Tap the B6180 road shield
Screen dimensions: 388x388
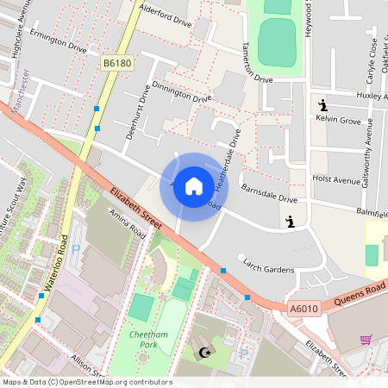click(116, 64)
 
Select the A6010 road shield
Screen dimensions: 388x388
click(304, 309)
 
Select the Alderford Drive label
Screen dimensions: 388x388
click(168, 17)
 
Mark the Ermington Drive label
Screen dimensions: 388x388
click(59, 41)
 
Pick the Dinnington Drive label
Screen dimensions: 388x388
click(181, 92)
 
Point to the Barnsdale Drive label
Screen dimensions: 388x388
click(269, 191)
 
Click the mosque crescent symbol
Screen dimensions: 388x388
click(204, 353)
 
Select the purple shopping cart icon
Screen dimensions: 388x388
click(366, 340)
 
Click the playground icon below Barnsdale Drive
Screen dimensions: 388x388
click(291, 222)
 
